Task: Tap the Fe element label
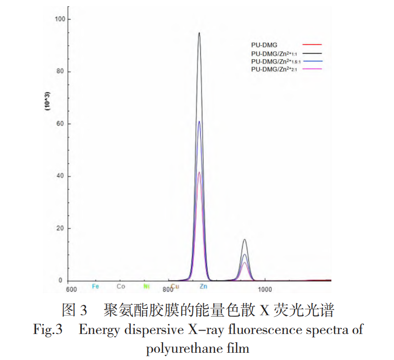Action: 95,287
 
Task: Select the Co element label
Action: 121,287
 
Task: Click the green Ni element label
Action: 146,287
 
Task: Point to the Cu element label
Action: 175,287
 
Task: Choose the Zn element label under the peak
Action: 204,287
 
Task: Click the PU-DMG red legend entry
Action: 264,45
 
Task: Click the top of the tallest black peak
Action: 199,33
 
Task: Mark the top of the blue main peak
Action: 199,121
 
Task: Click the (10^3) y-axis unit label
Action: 48,102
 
